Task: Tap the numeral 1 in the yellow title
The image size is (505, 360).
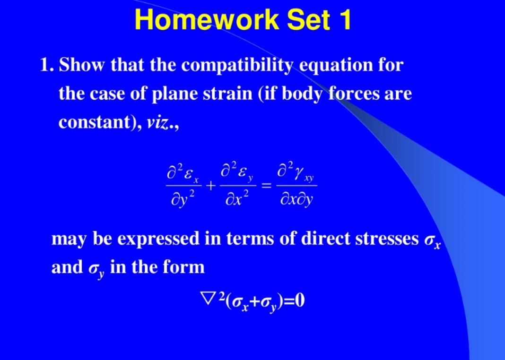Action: [344, 20]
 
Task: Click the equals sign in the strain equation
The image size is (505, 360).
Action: [267, 187]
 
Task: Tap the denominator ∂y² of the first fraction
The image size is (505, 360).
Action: [183, 201]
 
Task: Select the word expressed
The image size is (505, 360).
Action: [158, 240]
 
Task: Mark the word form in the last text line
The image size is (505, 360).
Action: [183, 267]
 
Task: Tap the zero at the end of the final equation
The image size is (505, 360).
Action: [299, 300]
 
